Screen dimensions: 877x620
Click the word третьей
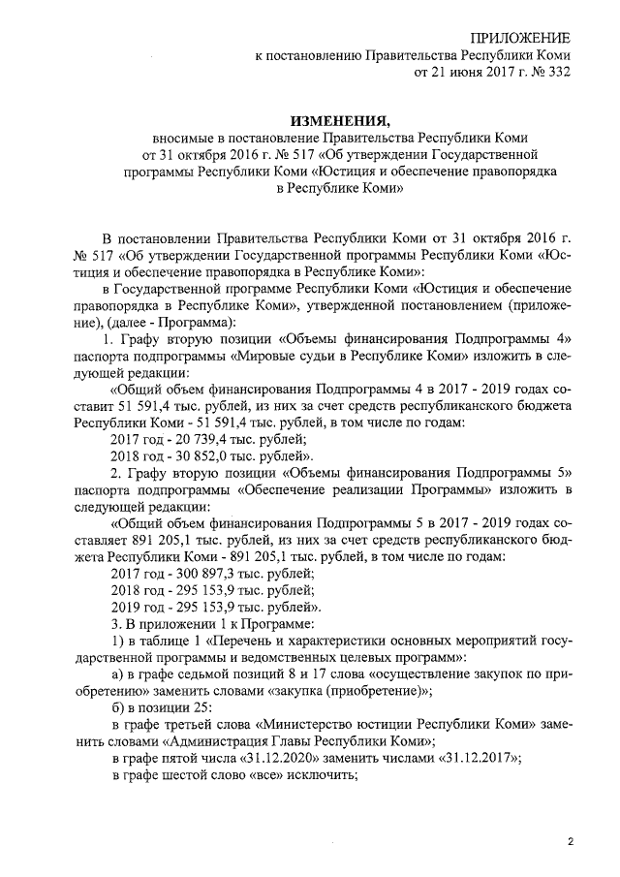186,725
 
